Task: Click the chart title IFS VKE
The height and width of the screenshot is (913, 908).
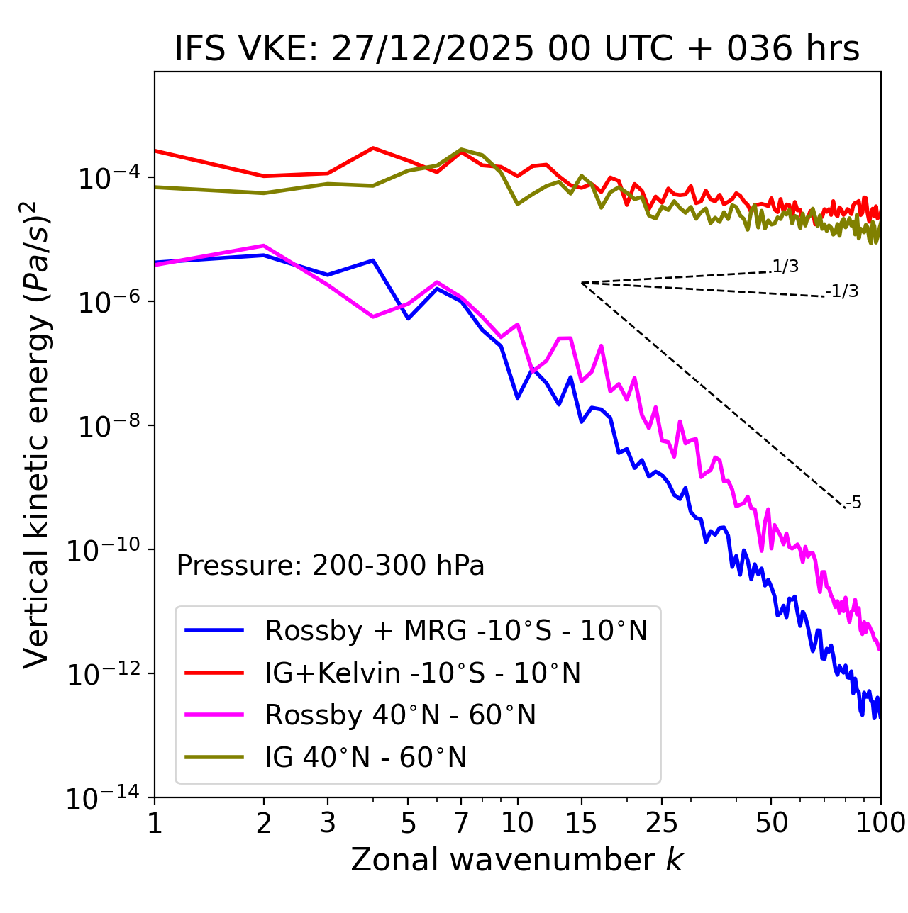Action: coord(517,49)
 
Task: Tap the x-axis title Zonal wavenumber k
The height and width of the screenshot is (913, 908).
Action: coord(517,859)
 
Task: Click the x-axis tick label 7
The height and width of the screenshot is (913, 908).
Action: coord(461,822)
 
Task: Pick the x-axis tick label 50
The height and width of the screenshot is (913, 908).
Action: coord(771,822)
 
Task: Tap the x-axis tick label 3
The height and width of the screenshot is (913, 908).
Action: coord(327,822)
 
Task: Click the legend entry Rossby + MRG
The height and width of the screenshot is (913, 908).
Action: coord(456,630)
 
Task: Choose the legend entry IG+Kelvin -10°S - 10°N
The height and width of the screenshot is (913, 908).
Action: coord(423,673)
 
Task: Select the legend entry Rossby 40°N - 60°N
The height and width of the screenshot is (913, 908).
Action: coord(400,715)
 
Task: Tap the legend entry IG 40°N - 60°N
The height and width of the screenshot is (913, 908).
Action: coord(366,758)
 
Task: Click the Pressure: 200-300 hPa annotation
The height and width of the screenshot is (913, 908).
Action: coord(331,566)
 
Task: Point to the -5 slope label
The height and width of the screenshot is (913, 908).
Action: coord(854,503)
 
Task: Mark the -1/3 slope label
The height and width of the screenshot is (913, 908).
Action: coord(843,291)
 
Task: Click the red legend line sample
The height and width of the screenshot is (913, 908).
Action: coord(214,672)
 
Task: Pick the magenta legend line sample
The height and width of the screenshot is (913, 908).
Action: coord(214,715)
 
